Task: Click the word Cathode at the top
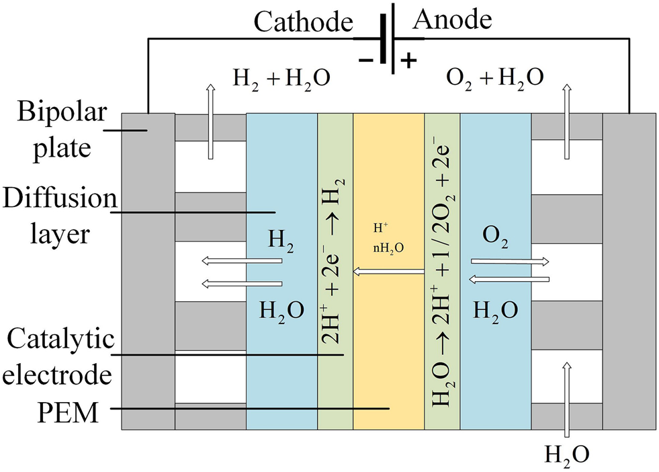pyautogui.click(x=304, y=23)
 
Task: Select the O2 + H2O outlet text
pyautogui.click(x=494, y=79)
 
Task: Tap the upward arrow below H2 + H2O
pyautogui.click(x=210, y=121)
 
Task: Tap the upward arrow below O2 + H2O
pyautogui.click(x=568, y=121)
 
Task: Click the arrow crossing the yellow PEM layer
pyautogui.click(x=389, y=272)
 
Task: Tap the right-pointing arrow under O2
pyautogui.click(x=511, y=261)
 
